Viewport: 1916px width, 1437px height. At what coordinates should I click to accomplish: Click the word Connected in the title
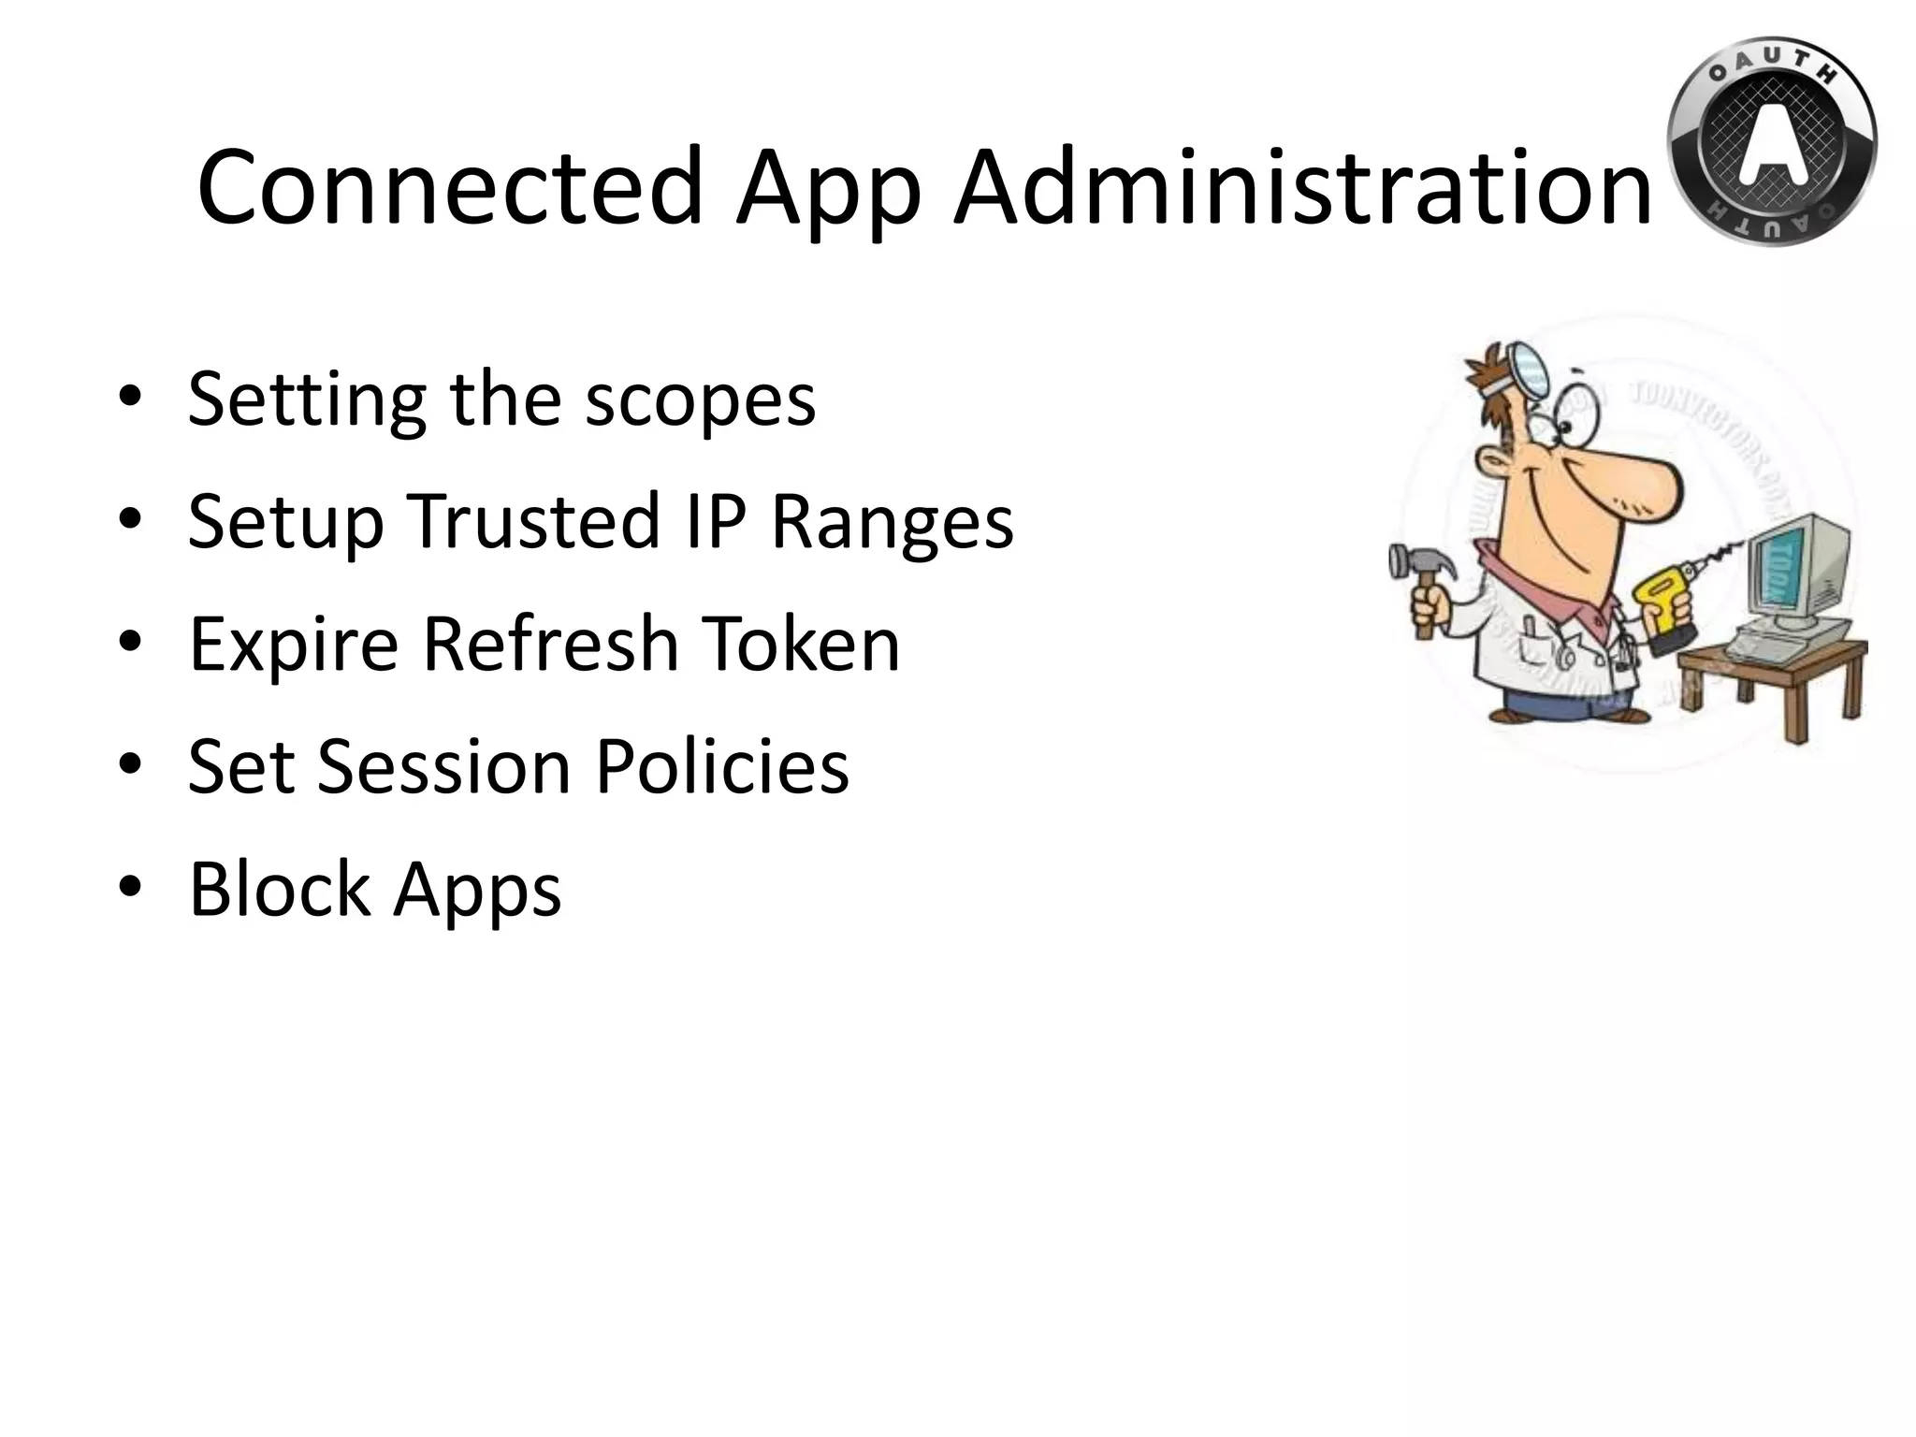click(449, 187)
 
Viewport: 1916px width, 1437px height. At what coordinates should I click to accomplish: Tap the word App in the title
click(828, 192)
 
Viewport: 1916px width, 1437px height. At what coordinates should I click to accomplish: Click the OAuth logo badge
click(1771, 143)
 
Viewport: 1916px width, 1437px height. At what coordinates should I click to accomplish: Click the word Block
click(279, 888)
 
